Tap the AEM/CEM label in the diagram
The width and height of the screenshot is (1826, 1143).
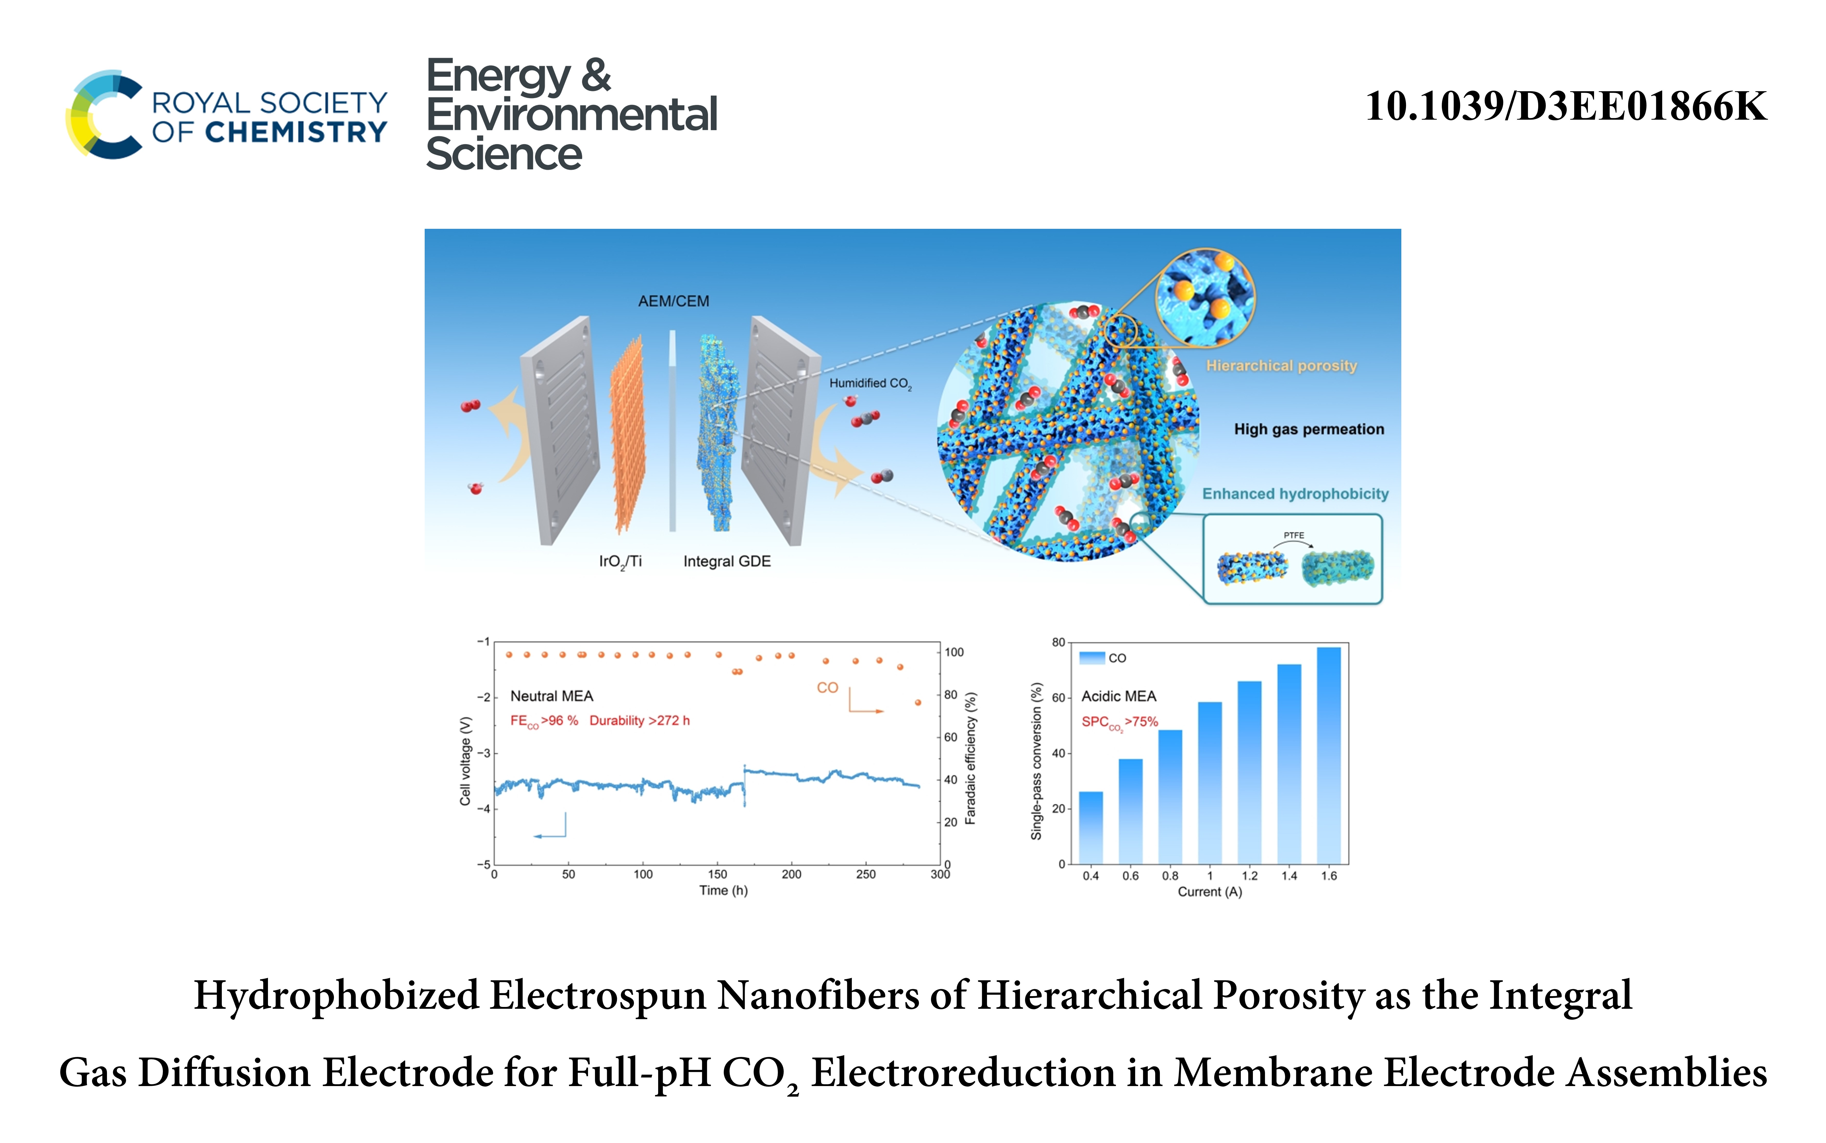pos(673,301)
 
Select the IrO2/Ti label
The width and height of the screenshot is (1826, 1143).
pos(620,562)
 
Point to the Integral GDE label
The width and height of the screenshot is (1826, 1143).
pos(726,562)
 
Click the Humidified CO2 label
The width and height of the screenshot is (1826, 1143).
pos(870,383)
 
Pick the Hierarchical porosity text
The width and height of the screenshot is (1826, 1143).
pos(1281,366)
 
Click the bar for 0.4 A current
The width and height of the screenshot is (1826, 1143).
pos(1091,828)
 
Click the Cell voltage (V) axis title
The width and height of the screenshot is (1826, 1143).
pos(466,760)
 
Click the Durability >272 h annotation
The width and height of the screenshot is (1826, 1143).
pos(639,720)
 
